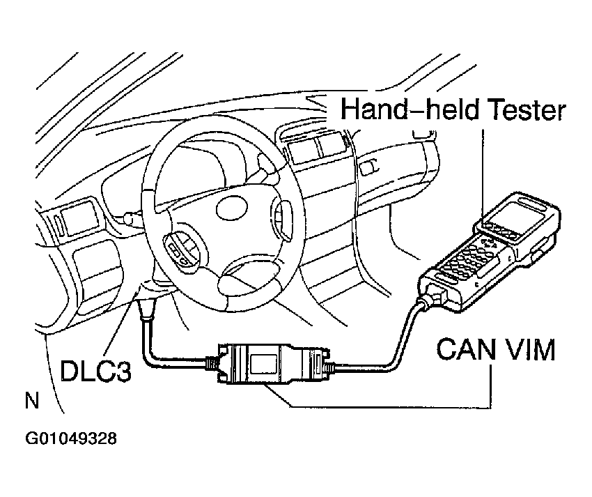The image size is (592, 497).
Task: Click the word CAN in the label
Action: coord(464,349)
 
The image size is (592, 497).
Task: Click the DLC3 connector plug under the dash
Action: coord(148,309)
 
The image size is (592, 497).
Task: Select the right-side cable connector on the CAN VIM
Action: coord(320,365)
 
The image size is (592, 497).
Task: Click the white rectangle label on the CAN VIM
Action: coord(264,363)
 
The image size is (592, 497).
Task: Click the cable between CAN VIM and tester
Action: coord(390,349)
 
